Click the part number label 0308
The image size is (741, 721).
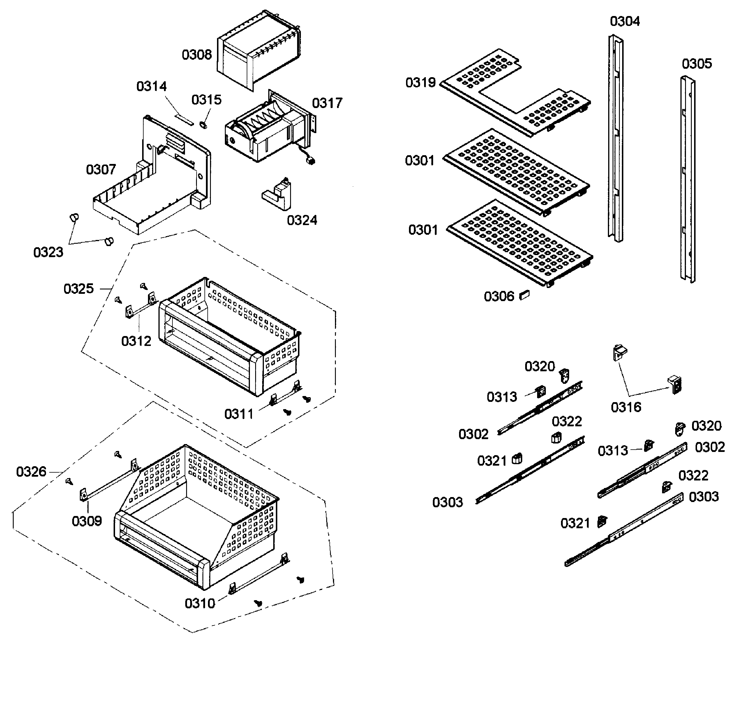click(197, 55)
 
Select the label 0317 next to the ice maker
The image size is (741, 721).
click(327, 103)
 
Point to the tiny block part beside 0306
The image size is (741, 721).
click(524, 295)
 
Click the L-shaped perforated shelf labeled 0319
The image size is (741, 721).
click(515, 93)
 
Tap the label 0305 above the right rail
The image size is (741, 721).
click(697, 63)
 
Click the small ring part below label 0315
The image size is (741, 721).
click(203, 125)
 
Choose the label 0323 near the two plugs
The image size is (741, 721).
click(48, 252)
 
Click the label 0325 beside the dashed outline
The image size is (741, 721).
click(78, 289)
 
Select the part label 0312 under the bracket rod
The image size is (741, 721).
click(136, 341)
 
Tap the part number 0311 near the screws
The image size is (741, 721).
click(239, 414)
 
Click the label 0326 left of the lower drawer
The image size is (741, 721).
click(31, 472)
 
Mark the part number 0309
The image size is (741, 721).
click(87, 521)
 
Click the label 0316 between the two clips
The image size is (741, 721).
click(626, 407)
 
